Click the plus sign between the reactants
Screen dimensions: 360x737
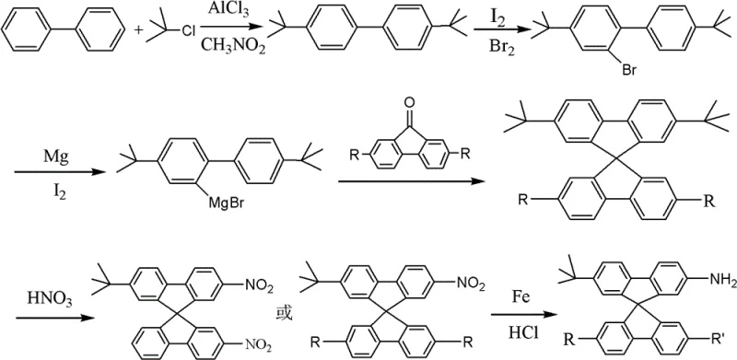140,34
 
